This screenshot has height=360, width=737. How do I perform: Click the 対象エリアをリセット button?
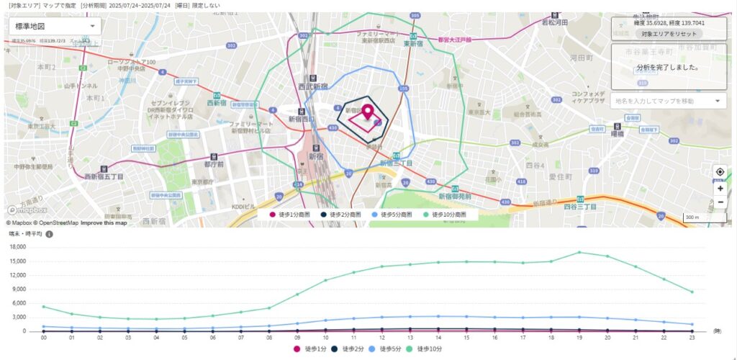pos(668,34)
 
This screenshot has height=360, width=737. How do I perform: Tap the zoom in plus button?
pos(720,188)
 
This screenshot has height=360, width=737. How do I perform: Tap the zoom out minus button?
pos(720,202)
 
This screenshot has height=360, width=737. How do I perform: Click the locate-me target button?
pos(720,172)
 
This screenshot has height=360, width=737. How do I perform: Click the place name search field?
pos(667,101)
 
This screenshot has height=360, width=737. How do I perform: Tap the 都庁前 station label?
pos(214,163)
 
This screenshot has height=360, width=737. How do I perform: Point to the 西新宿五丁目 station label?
pos(104,176)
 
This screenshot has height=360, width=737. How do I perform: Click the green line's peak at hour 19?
pos(579,252)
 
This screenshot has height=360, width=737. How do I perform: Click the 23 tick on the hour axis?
pos(692,337)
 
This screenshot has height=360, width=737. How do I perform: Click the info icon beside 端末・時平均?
pos(50,235)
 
